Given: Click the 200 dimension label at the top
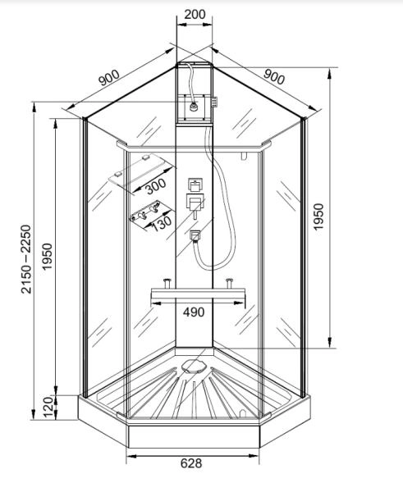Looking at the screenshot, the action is click(195, 14).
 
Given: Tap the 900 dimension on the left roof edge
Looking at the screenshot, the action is click(109, 78).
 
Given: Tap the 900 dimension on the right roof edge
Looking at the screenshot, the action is click(274, 77).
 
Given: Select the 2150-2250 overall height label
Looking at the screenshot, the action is click(26, 259).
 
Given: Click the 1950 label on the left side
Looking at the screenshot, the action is click(48, 257).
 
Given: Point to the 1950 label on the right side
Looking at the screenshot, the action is click(318, 216).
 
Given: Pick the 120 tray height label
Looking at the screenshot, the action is click(48, 407).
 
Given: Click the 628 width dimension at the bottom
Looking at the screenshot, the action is click(191, 463).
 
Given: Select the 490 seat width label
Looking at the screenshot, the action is click(194, 312).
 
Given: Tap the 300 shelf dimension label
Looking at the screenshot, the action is click(156, 186).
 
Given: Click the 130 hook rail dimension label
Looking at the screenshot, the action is click(162, 223).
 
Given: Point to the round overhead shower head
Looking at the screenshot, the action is click(194, 107).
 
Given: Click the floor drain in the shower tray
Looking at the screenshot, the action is click(194, 367).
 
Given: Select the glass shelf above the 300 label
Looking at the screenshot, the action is click(142, 171).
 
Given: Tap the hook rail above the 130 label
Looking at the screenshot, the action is click(151, 212).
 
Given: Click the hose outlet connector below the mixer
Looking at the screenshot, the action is click(195, 236).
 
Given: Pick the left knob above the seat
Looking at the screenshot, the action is click(167, 283).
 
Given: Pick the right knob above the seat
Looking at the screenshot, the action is click(229, 283).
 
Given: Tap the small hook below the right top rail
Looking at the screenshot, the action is click(244, 156).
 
